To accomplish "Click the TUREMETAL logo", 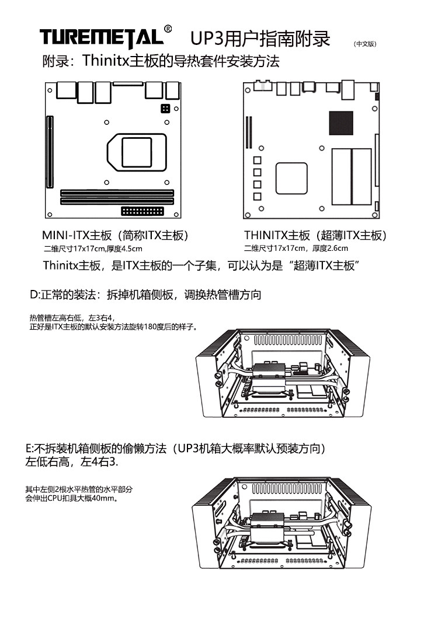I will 102,37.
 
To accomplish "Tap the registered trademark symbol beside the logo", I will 169,28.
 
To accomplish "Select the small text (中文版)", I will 365,44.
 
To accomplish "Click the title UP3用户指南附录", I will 260,39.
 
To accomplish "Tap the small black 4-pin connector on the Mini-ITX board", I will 165,109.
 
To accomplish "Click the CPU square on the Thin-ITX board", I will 291,179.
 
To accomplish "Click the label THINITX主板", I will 277,236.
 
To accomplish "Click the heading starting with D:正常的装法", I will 145,295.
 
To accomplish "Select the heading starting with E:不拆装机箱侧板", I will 175,449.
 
